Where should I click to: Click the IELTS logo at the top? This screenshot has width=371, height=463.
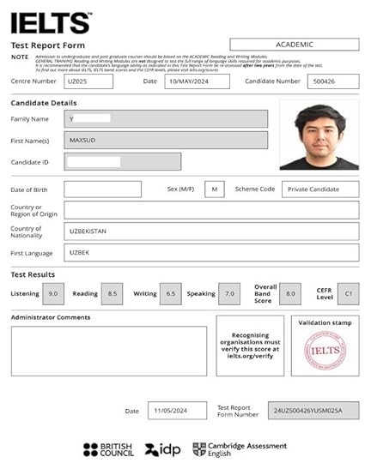click(x=50, y=22)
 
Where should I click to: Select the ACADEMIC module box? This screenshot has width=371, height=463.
click(x=295, y=45)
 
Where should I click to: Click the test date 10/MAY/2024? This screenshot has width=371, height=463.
click(x=197, y=81)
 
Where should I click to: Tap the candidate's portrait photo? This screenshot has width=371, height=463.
click(x=319, y=136)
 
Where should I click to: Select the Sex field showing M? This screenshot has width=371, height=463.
click(x=215, y=189)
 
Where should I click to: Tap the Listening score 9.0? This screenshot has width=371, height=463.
click(x=54, y=294)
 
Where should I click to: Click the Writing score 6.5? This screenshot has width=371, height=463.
click(x=171, y=294)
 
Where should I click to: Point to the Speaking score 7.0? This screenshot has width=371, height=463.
click(x=229, y=294)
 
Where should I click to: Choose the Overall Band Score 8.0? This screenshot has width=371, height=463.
click(x=289, y=294)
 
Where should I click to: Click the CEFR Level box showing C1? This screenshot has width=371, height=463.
click(x=348, y=294)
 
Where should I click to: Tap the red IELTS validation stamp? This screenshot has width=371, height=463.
click(x=325, y=351)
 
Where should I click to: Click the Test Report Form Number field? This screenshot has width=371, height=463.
click(x=313, y=411)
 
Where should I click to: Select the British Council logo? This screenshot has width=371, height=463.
click(x=108, y=448)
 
